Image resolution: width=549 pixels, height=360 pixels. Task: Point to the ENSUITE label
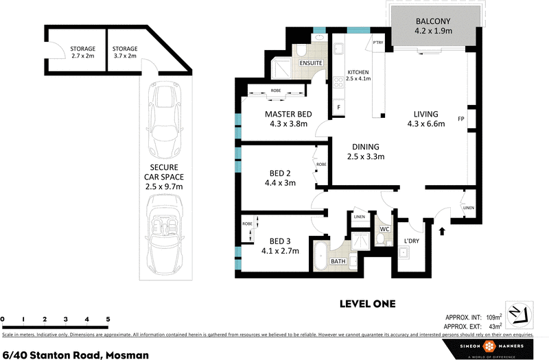click(x=311, y=64)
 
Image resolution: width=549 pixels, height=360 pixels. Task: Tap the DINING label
click(x=365, y=146)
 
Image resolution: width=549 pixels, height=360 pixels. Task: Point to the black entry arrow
click(x=442, y=231)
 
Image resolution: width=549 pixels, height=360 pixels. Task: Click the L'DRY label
click(x=412, y=240)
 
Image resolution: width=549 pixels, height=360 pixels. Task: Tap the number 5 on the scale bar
click(x=108, y=320)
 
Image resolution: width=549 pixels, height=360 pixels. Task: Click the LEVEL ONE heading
click(x=368, y=303)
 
